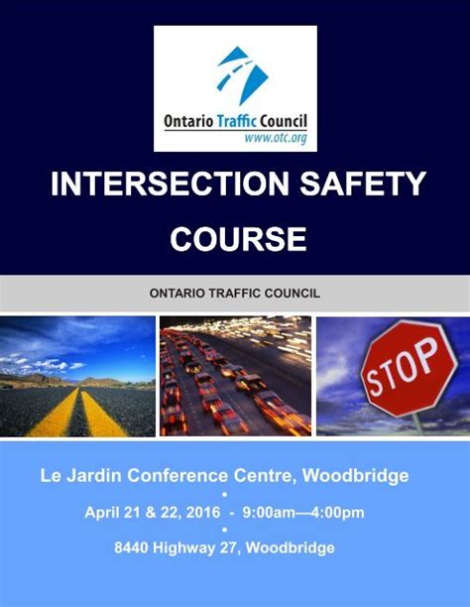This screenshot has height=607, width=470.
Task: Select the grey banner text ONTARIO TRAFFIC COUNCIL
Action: [x=234, y=294]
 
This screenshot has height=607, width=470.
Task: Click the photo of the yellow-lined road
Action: [x=77, y=376]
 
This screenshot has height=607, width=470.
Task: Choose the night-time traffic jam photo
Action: [x=235, y=376]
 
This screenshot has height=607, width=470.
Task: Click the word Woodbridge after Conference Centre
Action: [x=356, y=476]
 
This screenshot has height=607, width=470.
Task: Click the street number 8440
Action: [x=135, y=547]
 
